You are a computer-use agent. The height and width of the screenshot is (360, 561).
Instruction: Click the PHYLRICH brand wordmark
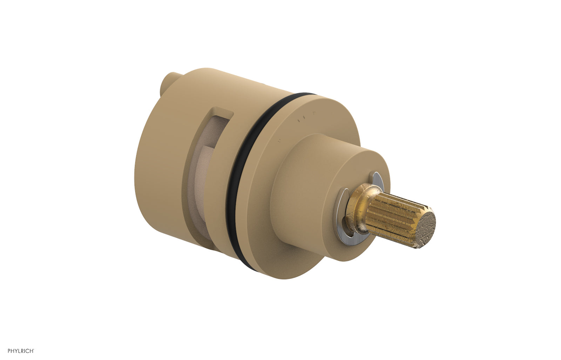[21, 351]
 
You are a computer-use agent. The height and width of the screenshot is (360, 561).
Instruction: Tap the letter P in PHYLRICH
[9, 351]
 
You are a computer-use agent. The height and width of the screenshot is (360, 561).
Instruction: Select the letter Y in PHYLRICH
[16, 351]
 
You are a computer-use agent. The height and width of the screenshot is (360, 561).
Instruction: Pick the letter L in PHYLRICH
[19, 351]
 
